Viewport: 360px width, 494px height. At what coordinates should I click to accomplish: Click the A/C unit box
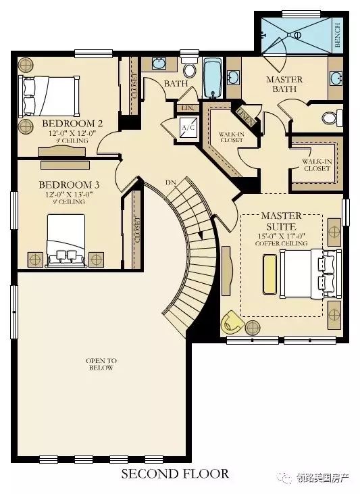point(188,127)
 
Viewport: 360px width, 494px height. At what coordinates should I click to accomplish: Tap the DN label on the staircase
point(171,182)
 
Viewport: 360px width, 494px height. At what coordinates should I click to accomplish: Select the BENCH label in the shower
point(338,34)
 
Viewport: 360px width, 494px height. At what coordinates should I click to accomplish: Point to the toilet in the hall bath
point(189,68)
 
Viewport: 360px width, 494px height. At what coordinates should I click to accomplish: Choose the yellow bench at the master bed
point(269,274)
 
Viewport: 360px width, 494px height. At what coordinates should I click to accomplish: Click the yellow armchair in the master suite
point(232,322)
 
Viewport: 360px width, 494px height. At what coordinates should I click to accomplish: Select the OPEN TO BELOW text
point(101,364)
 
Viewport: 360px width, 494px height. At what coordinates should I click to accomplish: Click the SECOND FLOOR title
point(175,474)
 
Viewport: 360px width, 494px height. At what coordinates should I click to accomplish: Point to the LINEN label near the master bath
point(245,116)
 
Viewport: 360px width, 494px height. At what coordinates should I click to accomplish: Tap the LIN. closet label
point(188,108)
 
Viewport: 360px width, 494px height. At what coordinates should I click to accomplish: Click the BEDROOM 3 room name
point(69,184)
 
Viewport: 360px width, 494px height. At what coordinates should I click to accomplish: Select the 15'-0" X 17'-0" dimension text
point(282,236)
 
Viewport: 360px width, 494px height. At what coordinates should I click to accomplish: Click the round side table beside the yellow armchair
point(253,328)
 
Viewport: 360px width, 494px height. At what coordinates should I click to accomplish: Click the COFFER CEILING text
point(281,243)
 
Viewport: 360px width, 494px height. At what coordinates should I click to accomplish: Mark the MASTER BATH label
point(284,84)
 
